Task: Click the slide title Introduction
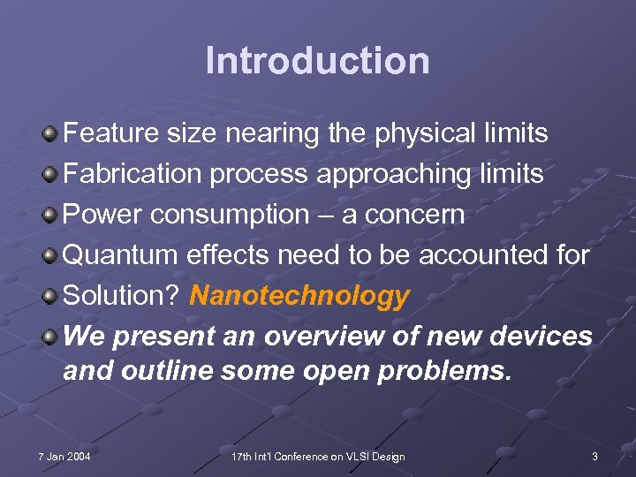(x=317, y=61)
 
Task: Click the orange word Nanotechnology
(x=299, y=296)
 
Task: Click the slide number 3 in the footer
(x=594, y=457)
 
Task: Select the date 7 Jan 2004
(x=64, y=457)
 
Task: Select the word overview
(x=307, y=337)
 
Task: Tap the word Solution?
(x=123, y=296)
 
